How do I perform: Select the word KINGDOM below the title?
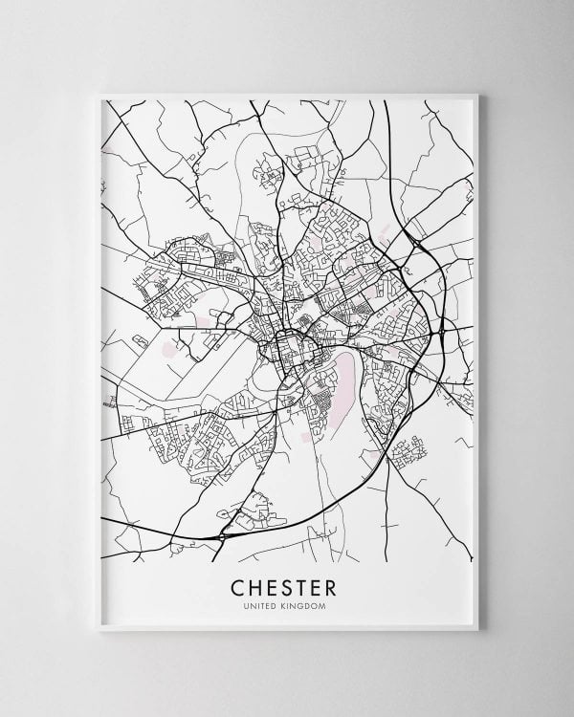[307, 605]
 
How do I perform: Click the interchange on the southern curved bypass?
[224, 536]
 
